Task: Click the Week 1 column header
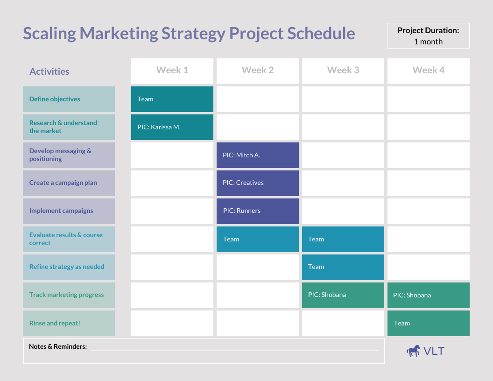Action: click(x=172, y=71)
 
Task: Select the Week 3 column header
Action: click(x=343, y=71)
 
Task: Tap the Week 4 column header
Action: click(x=428, y=71)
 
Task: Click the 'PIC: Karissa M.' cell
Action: click(x=172, y=127)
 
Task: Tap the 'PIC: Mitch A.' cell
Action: click(x=257, y=155)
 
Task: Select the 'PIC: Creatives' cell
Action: click(x=257, y=183)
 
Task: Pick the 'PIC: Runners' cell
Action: click(x=257, y=211)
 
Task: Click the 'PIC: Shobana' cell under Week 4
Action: click(x=428, y=295)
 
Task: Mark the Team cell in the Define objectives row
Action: click(x=172, y=99)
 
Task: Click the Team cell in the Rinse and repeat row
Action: click(x=428, y=323)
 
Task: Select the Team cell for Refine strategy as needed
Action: click(x=343, y=267)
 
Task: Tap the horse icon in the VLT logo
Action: click(x=413, y=351)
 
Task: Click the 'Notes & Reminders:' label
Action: click(x=58, y=346)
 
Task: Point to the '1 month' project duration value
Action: click(x=428, y=42)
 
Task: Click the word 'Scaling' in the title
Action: click(x=49, y=34)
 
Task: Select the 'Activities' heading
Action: click(x=49, y=71)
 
